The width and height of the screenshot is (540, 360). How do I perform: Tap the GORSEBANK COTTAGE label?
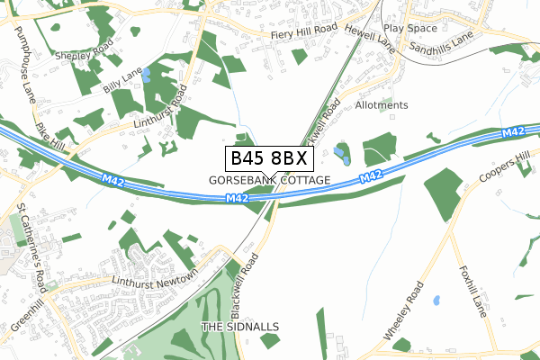270,180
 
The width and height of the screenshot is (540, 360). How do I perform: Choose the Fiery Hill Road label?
304,30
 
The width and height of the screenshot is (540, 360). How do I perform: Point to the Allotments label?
382,105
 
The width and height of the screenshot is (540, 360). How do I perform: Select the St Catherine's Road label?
31,237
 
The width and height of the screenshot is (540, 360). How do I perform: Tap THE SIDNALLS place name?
240,326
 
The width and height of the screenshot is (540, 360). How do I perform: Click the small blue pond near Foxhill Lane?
436,300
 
